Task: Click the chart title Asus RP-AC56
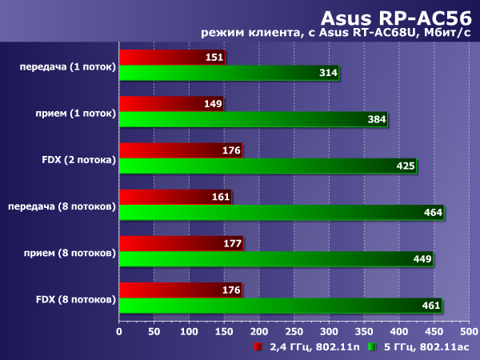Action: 397,17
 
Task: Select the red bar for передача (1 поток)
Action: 171,58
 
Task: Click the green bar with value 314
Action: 228,74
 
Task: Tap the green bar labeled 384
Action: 252,120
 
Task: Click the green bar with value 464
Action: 280,213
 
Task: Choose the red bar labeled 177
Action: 180,243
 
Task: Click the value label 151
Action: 214,58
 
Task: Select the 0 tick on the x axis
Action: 119,330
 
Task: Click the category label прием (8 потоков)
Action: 69,253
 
